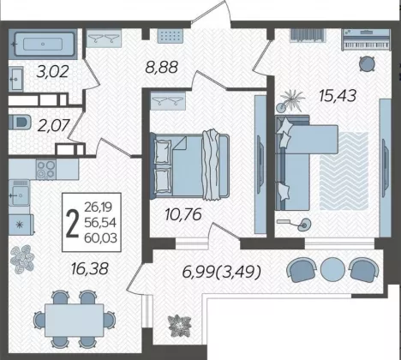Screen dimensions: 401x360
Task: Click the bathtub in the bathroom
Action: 43,44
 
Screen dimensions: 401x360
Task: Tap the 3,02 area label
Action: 53,71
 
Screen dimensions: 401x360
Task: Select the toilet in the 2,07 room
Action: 20,123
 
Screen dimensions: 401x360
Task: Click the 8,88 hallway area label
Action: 161,68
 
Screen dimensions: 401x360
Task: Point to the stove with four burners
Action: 46,169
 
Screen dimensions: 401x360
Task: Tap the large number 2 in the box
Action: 72,222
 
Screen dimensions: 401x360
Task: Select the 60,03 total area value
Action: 101,237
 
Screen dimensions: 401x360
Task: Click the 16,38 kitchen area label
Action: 90,268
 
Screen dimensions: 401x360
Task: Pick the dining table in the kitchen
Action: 75,320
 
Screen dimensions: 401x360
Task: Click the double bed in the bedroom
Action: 189,165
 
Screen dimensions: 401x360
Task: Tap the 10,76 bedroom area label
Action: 183,214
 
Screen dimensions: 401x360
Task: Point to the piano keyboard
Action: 367,39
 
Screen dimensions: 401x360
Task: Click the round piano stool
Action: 367,63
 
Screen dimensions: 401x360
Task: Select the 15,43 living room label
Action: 338,96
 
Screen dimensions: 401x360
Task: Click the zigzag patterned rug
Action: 344,171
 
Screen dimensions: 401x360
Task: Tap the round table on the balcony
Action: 332,269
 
